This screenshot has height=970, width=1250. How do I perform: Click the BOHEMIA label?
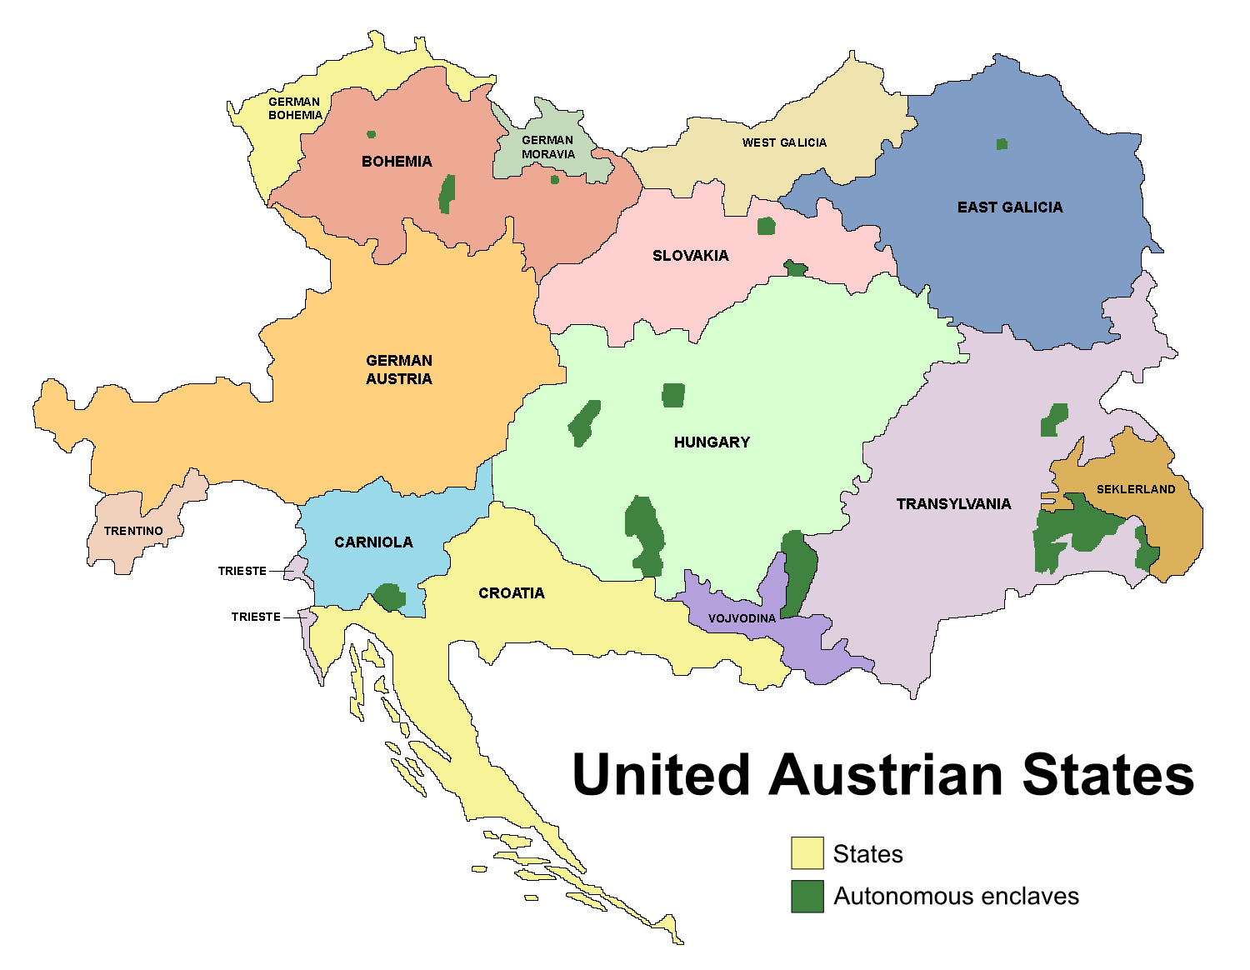click(397, 162)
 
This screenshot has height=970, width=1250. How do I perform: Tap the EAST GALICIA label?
click(1009, 207)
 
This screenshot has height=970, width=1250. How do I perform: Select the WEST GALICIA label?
click(784, 142)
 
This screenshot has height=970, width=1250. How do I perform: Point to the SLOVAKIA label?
click(690, 256)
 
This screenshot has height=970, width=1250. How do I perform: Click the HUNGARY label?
click(712, 442)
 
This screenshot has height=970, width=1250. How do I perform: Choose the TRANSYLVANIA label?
click(953, 504)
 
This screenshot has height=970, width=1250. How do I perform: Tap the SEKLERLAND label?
click(1135, 489)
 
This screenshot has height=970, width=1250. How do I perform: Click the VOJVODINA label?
click(742, 618)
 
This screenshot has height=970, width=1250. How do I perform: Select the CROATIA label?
click(511, 593)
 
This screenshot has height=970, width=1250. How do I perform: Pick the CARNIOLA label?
click(373, 542)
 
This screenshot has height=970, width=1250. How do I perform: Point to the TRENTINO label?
click(133, 531)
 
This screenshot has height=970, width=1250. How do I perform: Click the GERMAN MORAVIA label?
click(547, 147)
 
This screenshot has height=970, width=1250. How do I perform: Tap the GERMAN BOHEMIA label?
click(294, 109)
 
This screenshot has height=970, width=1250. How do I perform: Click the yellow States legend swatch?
click(807, 853)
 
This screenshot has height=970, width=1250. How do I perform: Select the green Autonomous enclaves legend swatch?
click(807, 896)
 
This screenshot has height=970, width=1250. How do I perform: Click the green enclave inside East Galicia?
click(1002, 144)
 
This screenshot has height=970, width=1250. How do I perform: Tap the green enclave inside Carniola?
click(389, 597)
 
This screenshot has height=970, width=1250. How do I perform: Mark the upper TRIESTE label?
click(242, 571)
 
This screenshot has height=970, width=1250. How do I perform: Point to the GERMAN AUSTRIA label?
click(399, 370)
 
